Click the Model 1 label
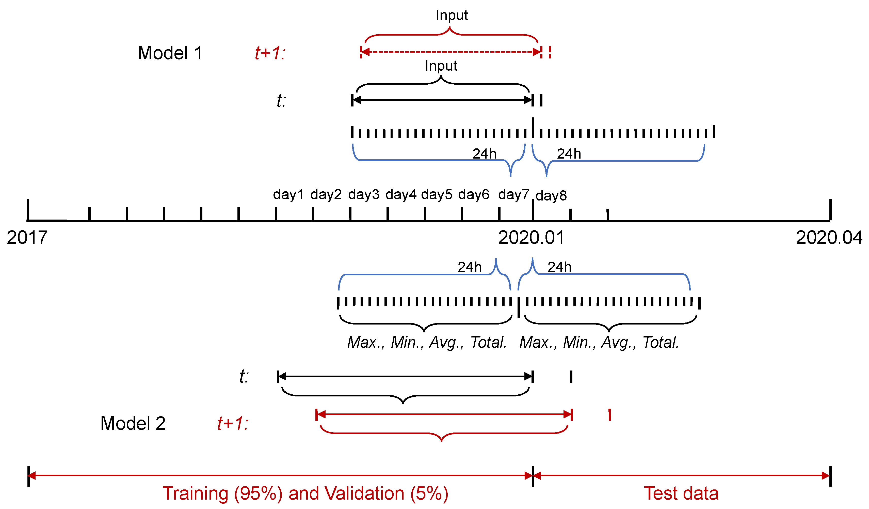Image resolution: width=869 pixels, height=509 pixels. click(x=170, y=53)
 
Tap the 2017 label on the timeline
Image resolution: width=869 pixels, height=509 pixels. click(x=27, y=238)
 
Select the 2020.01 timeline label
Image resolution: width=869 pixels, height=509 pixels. click(x=531, y=238)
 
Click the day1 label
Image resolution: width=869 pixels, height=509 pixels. click(x=288, y=195)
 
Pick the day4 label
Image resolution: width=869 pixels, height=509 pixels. click(x=401, y=195)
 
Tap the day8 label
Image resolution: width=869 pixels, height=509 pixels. click(x=551, y=196)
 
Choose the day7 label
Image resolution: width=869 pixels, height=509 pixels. click(x=513, y=195)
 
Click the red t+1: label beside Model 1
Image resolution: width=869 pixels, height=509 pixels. click(x=270, y=53)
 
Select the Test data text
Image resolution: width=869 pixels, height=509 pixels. click(x=681, y=493)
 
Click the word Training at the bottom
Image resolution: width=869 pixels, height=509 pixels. click(x=195, y=493)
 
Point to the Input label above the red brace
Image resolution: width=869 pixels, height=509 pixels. click(x=452, y=16)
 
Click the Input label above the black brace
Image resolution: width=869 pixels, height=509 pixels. click(x=441, y=66)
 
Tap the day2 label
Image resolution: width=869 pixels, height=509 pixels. click(x=326, y=195)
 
